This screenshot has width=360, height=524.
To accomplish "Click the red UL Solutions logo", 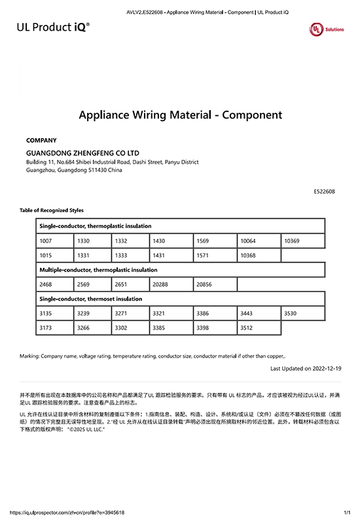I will click(x=326, y=29).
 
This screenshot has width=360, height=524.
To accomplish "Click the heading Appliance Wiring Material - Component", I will click(x=180, y=115).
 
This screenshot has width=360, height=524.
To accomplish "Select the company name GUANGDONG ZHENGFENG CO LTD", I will click(x=82, y=153).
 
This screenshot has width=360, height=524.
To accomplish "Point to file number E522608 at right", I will click(x=325, y=191).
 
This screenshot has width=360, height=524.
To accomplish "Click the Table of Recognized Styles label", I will click(x=52, y=210).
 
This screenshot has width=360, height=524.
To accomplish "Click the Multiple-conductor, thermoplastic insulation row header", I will click(x=98, y=270).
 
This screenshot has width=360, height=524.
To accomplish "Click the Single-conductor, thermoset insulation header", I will click(x=91, y=299).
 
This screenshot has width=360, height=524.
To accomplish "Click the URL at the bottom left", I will click(x=67, y=512).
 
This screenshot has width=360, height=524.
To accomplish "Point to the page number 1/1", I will click(x=347, y=512).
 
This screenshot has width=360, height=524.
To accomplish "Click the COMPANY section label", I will click(x=41, y=140).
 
